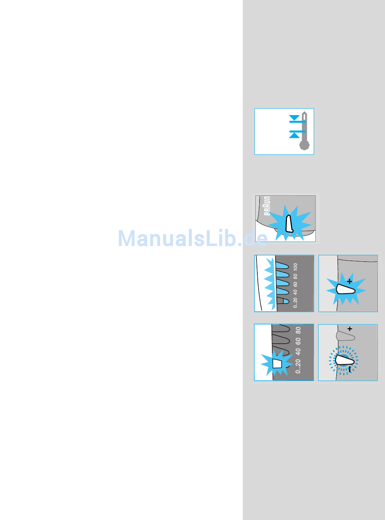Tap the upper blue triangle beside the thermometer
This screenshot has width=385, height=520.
(295, 118)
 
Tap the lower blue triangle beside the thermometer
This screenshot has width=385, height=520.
(295, 135)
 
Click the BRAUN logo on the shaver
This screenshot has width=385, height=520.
(267, 206)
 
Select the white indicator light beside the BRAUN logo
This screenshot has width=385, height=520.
(289, 224)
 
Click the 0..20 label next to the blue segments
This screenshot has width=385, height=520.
(295, 304)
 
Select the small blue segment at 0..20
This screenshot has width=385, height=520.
(285, 302)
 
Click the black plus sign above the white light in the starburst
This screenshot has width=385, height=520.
(350, 280)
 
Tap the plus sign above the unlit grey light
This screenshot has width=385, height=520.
(349, 329)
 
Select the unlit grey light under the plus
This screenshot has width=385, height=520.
(346, 336)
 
